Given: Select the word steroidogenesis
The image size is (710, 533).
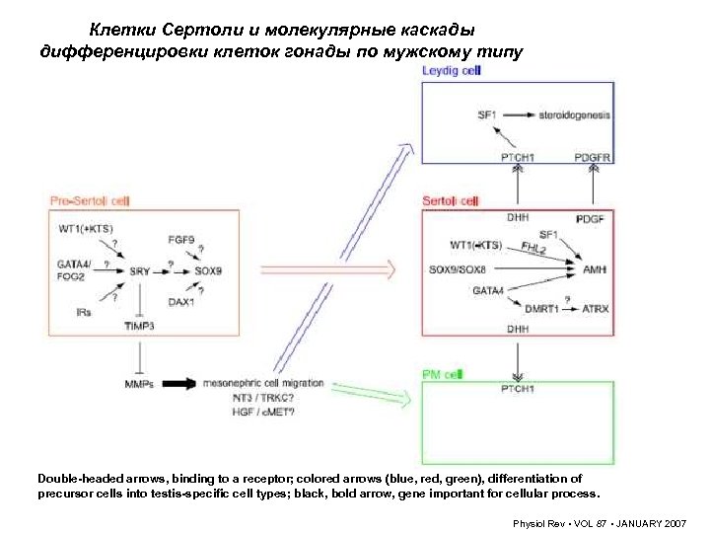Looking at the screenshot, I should tap(574, 115).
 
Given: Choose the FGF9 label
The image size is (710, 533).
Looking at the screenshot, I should tap(180, 239).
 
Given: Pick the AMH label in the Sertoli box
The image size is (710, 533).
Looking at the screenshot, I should tap(595, 268).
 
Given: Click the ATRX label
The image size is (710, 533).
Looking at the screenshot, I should tap(595, 309).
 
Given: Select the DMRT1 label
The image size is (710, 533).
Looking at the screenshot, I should tap(541, 309).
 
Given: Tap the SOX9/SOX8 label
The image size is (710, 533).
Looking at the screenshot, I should tap(459, 268).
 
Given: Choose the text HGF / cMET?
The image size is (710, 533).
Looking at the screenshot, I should tap(236, 411).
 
